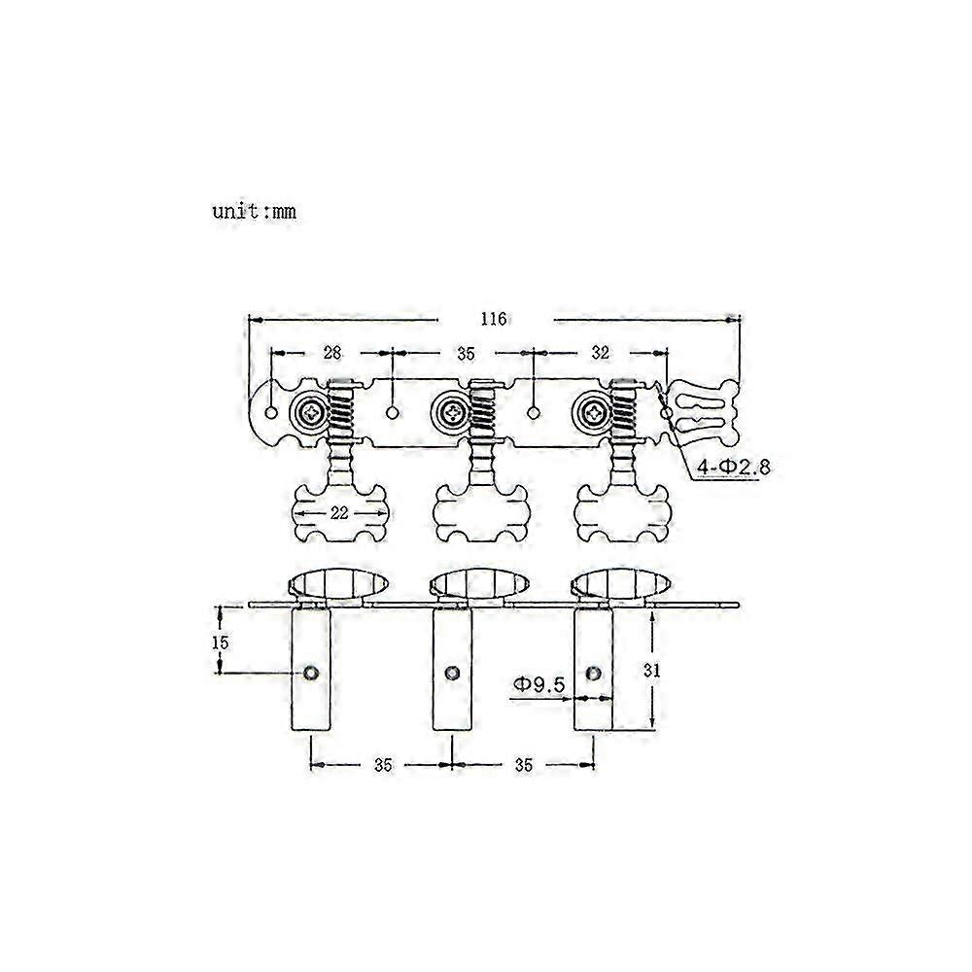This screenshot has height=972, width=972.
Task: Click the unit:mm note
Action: pyautogui.click(x=254, y=211)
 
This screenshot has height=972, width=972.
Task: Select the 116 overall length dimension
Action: pyautogui.click(x=494, y=319)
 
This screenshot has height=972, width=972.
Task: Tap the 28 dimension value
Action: pyautogui.click(x=332, y=353)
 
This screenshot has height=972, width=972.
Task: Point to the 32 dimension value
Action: pyautogui.click(x=600, y=353)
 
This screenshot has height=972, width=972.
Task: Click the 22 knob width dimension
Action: pyautogui.click(x=339, y=513)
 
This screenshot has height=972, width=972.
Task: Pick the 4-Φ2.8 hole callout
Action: pyautogui.click(x=734, y=467)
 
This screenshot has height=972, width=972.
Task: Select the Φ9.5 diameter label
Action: pyautogui.click(x=538, y=684)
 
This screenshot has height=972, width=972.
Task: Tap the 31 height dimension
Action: pyautogui.click(x=651, y=670)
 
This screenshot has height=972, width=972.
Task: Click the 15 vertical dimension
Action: pyautogui.click(x=220, y=642)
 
